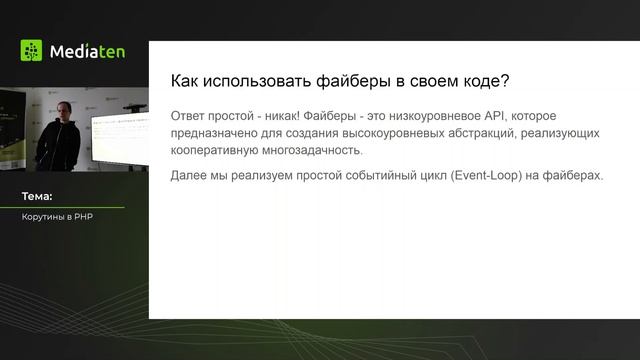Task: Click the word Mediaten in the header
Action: tap(87, 51)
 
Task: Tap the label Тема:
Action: tap(37, 197)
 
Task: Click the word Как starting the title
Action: tap(185, 81)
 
